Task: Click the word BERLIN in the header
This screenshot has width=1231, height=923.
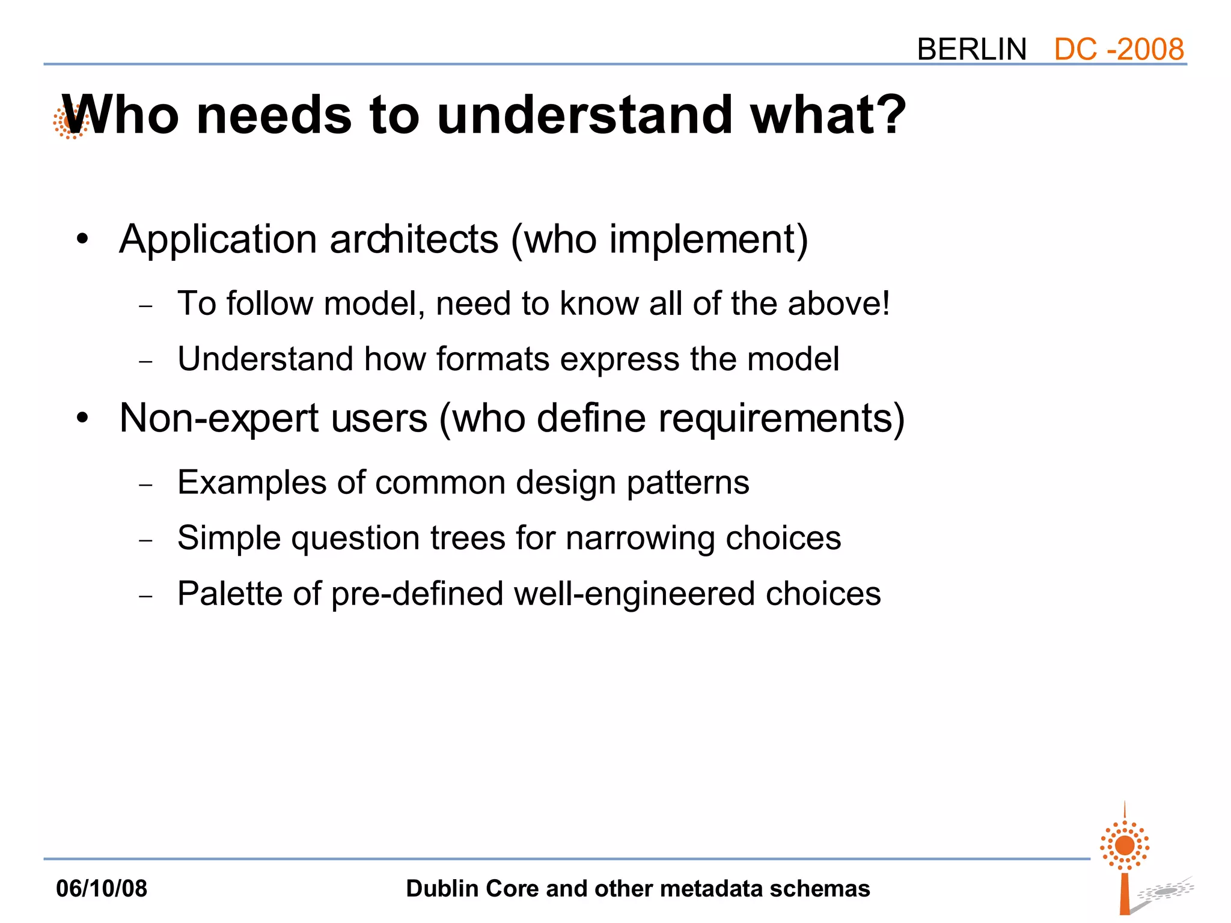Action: click(971, 49)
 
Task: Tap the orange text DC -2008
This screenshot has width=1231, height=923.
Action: click(1119, 49)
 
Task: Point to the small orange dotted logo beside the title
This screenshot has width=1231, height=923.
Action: click(69, 122)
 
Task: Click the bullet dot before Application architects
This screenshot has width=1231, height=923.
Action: click(82, 240)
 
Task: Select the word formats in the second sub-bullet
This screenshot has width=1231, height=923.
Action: click(493, 359)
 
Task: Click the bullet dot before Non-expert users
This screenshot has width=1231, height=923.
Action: click(82, 418)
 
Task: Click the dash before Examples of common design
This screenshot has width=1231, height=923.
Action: click(146, 484)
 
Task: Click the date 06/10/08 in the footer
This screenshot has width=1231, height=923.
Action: click(102, 889)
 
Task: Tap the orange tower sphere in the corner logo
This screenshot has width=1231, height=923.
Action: click(1125, 845)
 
